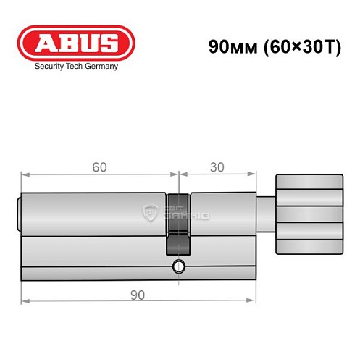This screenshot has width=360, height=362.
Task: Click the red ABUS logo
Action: coord(75,43)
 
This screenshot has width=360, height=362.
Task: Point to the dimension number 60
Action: coord(99,167)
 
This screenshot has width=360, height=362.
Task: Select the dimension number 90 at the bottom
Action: coord(138,295)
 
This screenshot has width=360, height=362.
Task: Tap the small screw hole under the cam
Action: coord(178,269)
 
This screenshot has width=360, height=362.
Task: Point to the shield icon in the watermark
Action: coord(151,213)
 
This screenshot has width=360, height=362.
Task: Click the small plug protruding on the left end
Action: coord(19,215)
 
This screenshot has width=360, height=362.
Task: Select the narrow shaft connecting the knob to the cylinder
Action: coord(267,215)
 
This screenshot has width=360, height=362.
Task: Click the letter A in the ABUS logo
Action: coord(44,43)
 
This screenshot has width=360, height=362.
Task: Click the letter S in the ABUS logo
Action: coord(109,43)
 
